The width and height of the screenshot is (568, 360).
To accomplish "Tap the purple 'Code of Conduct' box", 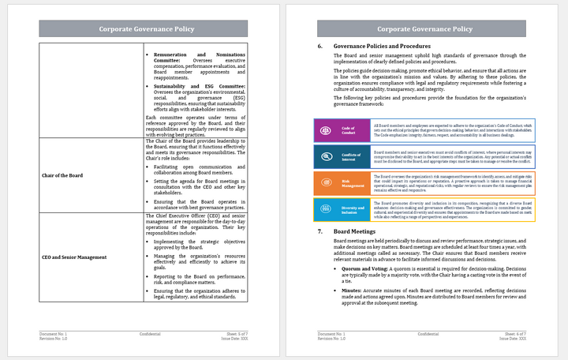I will point(344,130).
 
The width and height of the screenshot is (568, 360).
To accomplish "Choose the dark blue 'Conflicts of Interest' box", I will point(344,158).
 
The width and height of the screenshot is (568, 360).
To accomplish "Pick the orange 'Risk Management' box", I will point(344,184).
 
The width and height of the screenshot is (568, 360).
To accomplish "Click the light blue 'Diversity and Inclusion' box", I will point(344,210).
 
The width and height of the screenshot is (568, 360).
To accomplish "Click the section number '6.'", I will point(320,47).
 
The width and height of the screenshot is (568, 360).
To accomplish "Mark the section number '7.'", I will point(320,231).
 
